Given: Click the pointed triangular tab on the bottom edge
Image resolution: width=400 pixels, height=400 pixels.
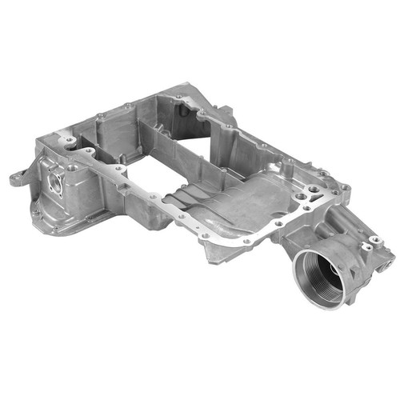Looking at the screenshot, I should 210,254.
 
